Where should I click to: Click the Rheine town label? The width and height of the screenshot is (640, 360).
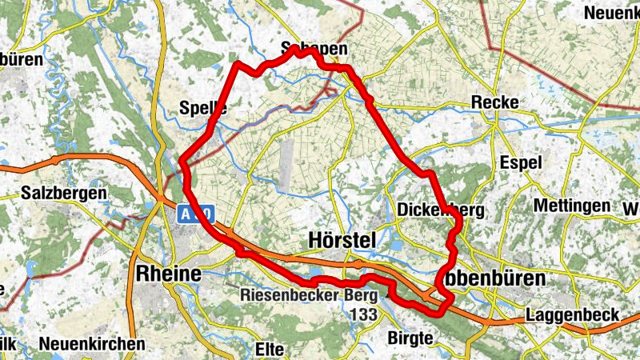[x=168, y=272]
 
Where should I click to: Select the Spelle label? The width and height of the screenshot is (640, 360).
[x=204, y=108]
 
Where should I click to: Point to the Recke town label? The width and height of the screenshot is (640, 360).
[x=495, y=102]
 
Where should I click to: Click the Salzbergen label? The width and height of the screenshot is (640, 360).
[x=65, y=194]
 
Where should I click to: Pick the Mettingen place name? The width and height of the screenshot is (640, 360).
[x=572, y=206]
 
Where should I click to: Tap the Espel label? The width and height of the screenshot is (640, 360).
[x=520, y=162]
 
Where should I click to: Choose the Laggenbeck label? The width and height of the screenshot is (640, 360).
[x=572, y=316]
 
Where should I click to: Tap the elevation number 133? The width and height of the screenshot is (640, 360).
[x=362, y=314]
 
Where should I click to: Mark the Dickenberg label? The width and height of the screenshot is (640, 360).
[x=442, y=210]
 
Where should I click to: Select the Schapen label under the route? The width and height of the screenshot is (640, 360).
[x=315, y=50]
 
